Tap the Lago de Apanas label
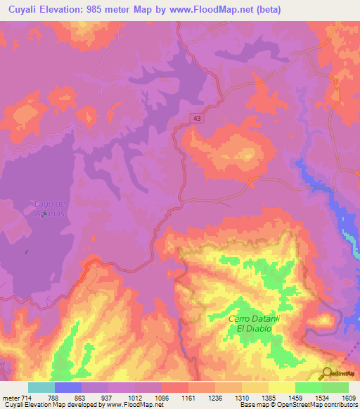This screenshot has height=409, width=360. (x=49, y=208)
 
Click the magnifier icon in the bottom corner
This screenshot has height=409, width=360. (x=327, y=373)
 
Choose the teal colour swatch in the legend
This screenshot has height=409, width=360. (x=41, y=387)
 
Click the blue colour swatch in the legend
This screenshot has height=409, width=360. (x=68, y=387)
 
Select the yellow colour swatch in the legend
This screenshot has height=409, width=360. (x=282, y=387)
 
